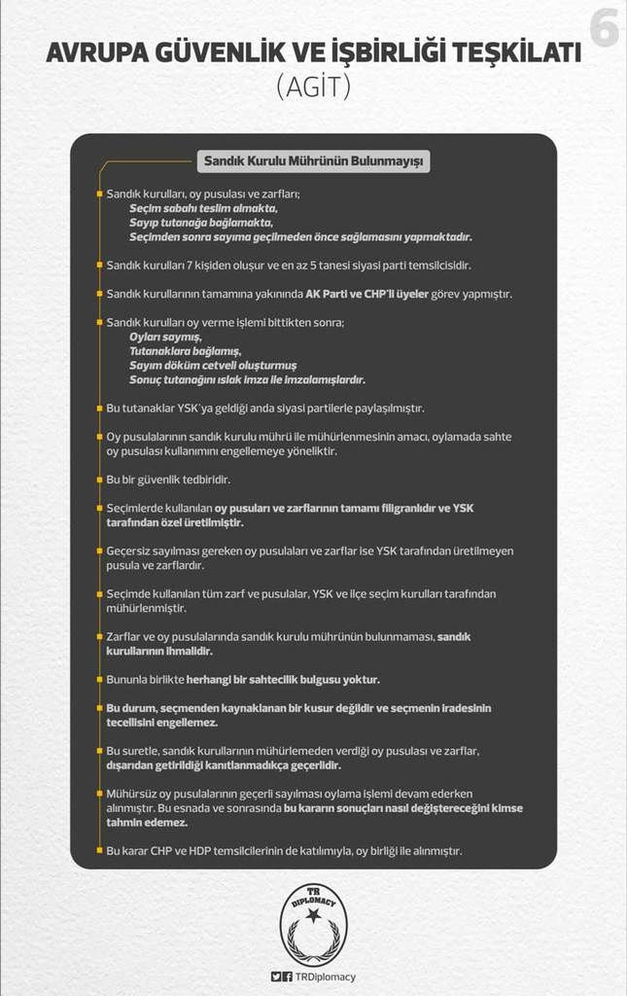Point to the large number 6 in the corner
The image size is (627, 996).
[x=603, y=29]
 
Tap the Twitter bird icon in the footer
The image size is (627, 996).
[x=277, y=977]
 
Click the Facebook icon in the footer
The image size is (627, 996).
[x=289, y=977]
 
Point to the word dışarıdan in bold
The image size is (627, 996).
[x=134, y=765]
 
